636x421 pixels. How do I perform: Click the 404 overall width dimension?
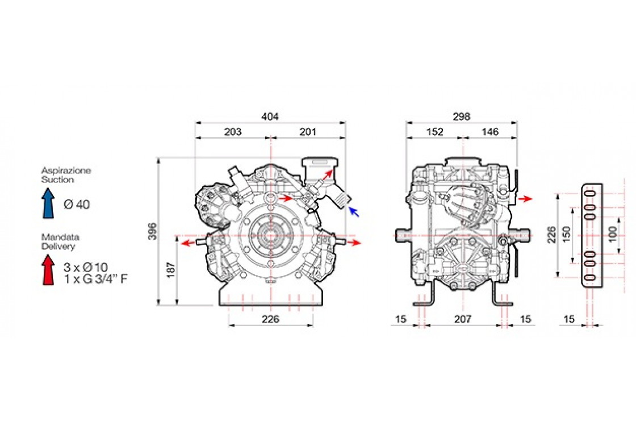(x=270, y=116)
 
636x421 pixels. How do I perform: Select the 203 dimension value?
(x=233, y=132)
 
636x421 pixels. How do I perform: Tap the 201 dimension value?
(x=307, y=132)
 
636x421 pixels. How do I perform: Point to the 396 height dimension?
(x=152, y=231)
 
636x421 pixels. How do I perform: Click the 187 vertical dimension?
(x=171, y=270)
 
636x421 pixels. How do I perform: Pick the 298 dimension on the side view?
(x=462, y=116)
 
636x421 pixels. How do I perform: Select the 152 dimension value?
(x=435, y=132)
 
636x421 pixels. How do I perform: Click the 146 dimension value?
(x=490, y=132)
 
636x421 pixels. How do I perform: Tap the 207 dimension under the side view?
(x=463, y=319)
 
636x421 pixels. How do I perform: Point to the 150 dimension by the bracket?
(x=567, y=234)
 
